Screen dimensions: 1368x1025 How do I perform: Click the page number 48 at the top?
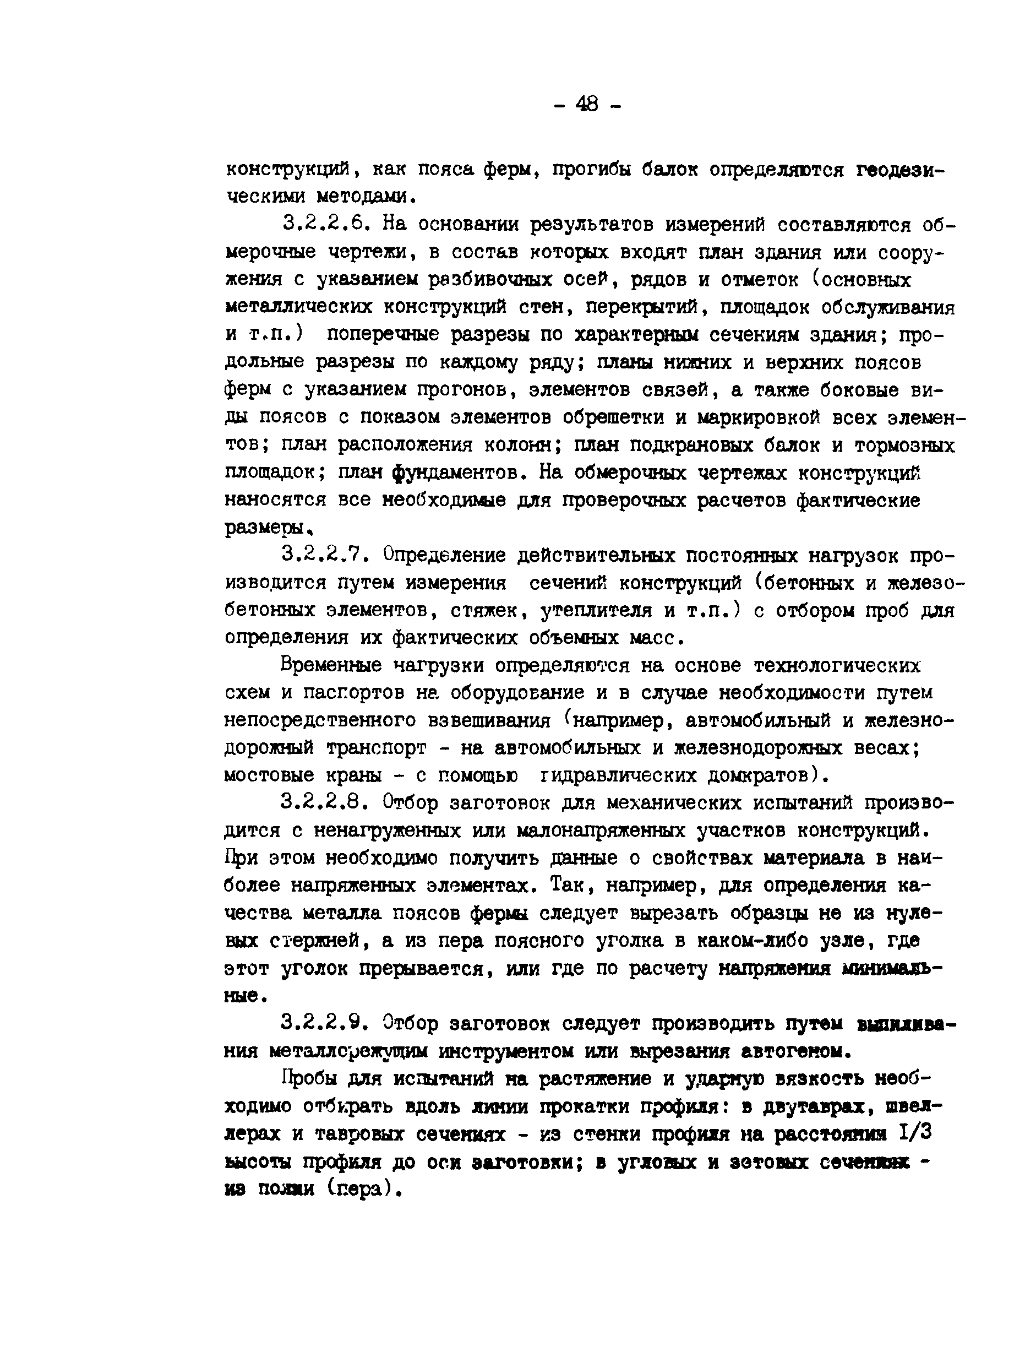pos(587,104)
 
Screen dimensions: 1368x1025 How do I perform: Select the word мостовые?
pos(270,774)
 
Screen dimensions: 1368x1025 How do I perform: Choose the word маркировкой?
pos(758,417)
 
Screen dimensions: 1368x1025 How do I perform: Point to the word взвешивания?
pos(488,720)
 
